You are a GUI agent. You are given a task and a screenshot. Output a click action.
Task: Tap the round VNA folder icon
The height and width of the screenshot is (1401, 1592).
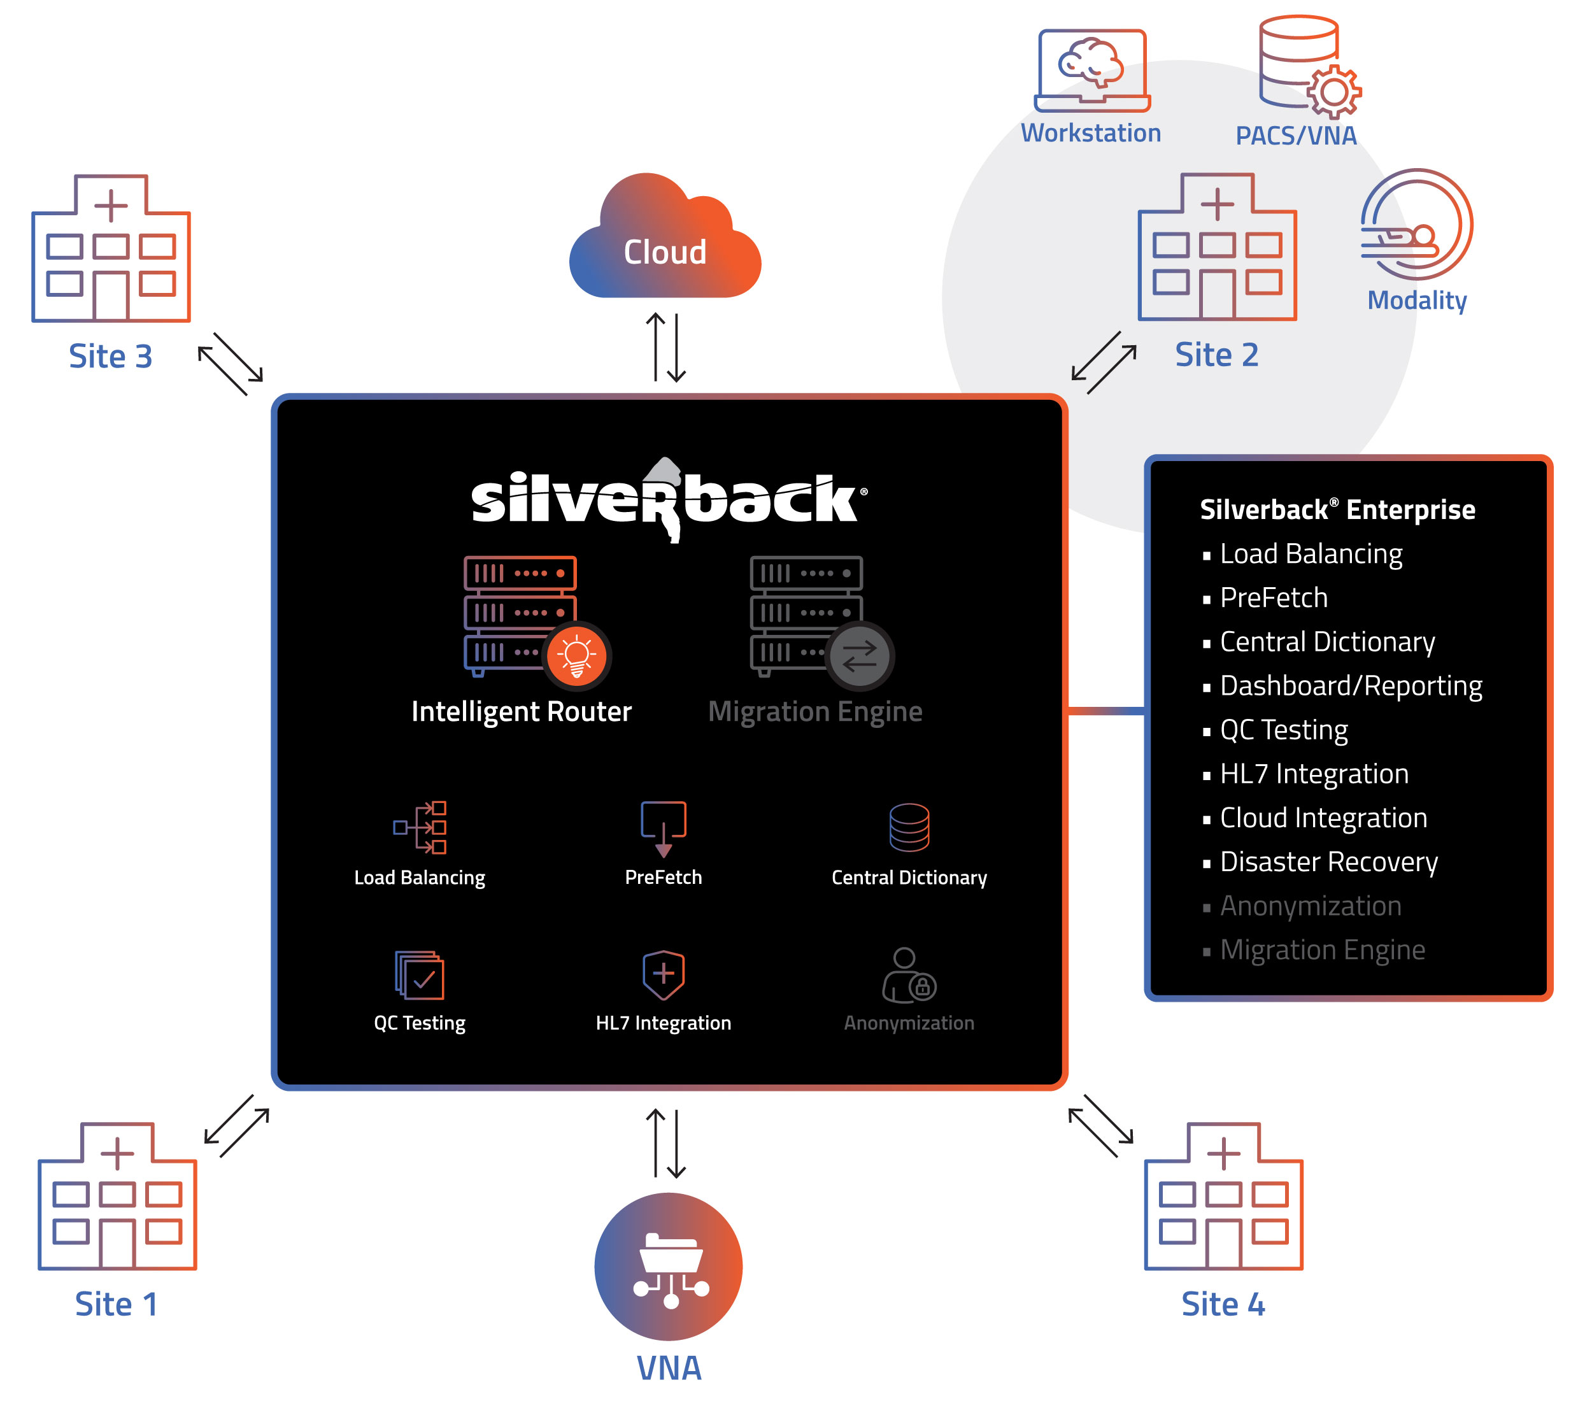668,1265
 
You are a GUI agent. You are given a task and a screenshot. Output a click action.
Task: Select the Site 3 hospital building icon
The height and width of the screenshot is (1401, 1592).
111,248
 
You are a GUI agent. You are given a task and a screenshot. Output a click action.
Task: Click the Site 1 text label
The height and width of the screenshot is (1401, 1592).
116,1304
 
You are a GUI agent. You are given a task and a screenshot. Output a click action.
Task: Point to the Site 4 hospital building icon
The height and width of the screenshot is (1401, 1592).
1223,1195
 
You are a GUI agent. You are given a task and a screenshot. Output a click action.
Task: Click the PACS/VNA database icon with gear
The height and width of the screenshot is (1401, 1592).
1309,66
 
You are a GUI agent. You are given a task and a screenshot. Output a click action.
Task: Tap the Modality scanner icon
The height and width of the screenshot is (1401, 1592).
1416,224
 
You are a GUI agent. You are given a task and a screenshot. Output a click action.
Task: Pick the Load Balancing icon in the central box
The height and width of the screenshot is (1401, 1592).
420,827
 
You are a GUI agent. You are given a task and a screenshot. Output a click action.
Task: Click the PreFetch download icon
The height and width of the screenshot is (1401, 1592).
664,829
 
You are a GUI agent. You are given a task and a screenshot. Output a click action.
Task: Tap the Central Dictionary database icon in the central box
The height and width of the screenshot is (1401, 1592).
909,827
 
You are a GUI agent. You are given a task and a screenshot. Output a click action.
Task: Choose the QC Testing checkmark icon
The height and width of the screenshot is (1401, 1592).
419,975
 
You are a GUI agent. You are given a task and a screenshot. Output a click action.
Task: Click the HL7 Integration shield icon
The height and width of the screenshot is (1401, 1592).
664,975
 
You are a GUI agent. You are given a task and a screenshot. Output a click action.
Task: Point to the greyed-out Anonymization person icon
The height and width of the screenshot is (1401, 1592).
908,975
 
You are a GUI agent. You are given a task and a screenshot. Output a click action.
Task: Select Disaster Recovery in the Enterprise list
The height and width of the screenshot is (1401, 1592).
1329,862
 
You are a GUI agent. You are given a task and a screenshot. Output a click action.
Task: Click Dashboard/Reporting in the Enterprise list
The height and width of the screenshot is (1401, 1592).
1351,686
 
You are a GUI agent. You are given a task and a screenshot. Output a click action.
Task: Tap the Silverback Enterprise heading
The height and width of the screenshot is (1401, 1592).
1337,509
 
